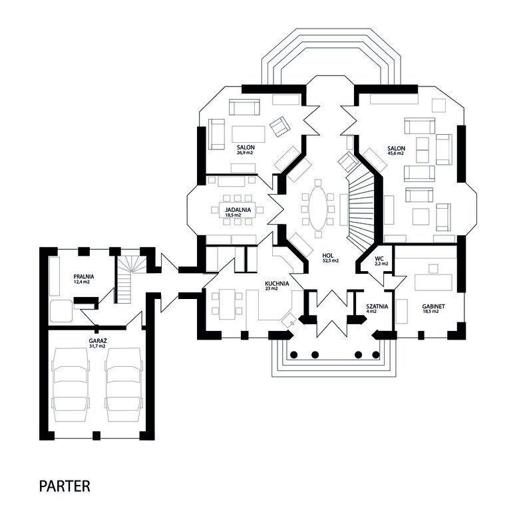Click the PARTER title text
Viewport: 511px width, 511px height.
pyautogui.click(x=65, y=486)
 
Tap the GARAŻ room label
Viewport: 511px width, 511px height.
pyautogui.click(x=98, y=341)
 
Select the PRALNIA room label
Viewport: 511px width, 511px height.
pyautogui.click(x=84, y=276)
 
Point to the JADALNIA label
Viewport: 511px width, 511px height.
pyautogui.click(x=238, y=209)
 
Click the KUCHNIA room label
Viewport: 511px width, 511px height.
pyautogui.click(x=277, y=284)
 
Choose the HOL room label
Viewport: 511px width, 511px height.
pyautogui.click(x=327, y=256)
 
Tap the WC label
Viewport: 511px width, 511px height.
pyautogui.click(x=379, y=258)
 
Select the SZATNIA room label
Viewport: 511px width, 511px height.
pyautogui.click(x=377, y=306)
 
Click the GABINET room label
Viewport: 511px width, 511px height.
pyautogui.click(x=433, y=306)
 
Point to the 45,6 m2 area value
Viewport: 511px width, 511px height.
pyautogui.click(x=396, y=153)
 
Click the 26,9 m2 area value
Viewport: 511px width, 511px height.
pyautogui.click(x=246, y=152)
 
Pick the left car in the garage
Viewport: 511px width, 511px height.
pyautogui.click(x=71, y=385)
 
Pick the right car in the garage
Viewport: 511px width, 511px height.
pyautogui.click(x=124, y=385)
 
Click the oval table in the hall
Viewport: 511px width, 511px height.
pyautogui.click(x=317, y=209)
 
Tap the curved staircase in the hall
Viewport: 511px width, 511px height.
pyautogui.click(x=361, y=211)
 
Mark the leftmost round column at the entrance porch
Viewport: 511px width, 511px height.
pyautogui.click(x=293, y=355)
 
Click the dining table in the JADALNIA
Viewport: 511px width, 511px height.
pyautogui.click(x=238, y=209)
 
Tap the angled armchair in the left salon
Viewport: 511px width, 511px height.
pyautogui.click(x=280, y=126)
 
